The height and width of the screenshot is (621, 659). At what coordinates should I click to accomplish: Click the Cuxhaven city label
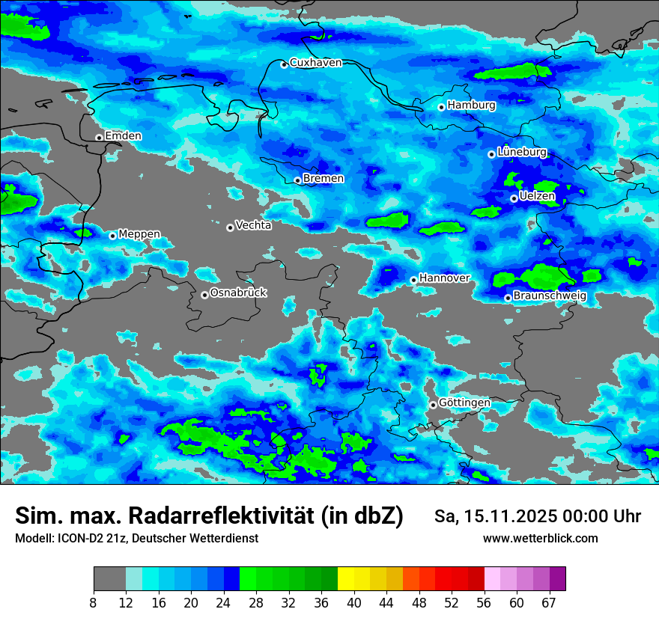click(315, 63)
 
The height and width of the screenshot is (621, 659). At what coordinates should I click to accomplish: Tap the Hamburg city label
click(471, 105)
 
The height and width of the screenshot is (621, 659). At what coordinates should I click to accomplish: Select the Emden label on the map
click(123, 136)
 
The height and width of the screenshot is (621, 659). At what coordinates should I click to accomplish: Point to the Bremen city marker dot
click(297, 180)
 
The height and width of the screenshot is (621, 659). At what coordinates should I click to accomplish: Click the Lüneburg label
click(521, 152)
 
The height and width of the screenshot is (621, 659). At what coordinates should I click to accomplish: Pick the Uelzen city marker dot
click(514, 198)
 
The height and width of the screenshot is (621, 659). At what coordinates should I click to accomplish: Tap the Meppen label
click(139, 234)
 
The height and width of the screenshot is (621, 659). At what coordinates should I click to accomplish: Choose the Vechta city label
click(253, 225)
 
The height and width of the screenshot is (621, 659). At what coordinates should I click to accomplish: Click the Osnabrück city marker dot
click(204, 295)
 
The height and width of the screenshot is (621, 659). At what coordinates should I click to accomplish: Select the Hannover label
click(444, 278)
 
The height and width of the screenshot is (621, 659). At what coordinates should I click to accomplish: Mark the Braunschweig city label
click(550, 296)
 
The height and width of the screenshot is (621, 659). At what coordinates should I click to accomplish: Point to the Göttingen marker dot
click(433, 405)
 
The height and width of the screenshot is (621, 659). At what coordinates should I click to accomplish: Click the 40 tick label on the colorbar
click(354, 602)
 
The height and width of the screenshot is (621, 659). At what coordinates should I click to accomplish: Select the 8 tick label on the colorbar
click(94, 602)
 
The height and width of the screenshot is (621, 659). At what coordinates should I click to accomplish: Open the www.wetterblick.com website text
click(540, 539)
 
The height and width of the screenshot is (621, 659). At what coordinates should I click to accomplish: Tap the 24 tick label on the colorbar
click(223, 602)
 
